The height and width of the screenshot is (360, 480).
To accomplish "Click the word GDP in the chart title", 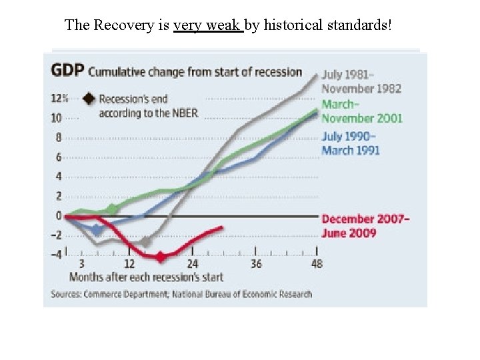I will point(67,70).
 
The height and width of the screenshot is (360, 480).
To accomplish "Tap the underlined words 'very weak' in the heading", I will point(208,25).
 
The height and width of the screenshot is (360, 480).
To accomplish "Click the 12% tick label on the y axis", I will point(60,98).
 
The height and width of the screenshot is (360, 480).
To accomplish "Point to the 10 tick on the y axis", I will point(57,118).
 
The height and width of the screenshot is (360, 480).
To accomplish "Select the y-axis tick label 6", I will point(59,157).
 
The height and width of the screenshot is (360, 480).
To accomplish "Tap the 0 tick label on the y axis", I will point(59,215).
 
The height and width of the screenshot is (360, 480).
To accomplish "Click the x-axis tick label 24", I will point(192,264).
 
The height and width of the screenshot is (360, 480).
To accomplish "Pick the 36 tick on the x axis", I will point(256,264).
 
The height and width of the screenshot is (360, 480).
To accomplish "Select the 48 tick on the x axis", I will point(317,264).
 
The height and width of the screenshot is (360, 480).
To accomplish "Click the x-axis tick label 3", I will point(81,264).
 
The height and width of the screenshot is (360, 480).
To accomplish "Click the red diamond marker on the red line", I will point(160,256).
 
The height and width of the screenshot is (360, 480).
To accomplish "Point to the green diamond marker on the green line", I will point(112,209).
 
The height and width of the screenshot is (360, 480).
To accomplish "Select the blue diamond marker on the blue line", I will point(97,229).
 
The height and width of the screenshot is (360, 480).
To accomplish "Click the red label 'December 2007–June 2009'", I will point(365,226).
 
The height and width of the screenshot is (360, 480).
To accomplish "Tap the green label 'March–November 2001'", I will point(361,111).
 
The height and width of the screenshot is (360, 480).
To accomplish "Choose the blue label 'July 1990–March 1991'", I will point(351,143).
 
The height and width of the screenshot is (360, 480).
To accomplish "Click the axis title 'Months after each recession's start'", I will point(146,277).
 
